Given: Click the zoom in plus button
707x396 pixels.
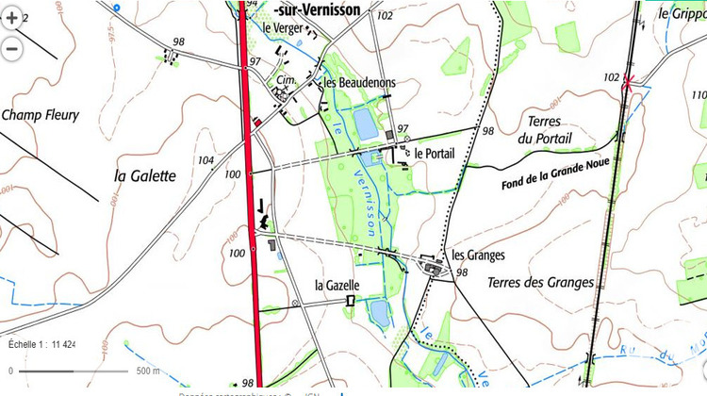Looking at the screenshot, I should pos(11,17).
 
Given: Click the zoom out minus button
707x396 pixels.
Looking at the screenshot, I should pos(11,47).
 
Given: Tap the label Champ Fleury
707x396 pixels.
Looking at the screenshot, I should pos(40,116).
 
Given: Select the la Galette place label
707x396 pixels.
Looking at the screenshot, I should pos(145,175).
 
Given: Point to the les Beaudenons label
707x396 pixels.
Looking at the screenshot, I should pos(359,83).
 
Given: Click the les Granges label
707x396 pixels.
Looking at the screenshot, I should pos(479,255).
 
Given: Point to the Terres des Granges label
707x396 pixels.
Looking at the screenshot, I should pos(541,282).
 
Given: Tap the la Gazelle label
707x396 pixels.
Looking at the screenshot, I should pos(337,286).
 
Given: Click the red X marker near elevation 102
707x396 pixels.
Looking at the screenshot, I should pos(629,83).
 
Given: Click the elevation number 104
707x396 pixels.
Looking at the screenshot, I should pos(206,161).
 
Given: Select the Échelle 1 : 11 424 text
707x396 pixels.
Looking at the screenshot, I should pos(42,344).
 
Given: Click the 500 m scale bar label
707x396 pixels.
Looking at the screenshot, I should pos(147,371).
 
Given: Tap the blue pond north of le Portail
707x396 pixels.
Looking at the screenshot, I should pos(363,122).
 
